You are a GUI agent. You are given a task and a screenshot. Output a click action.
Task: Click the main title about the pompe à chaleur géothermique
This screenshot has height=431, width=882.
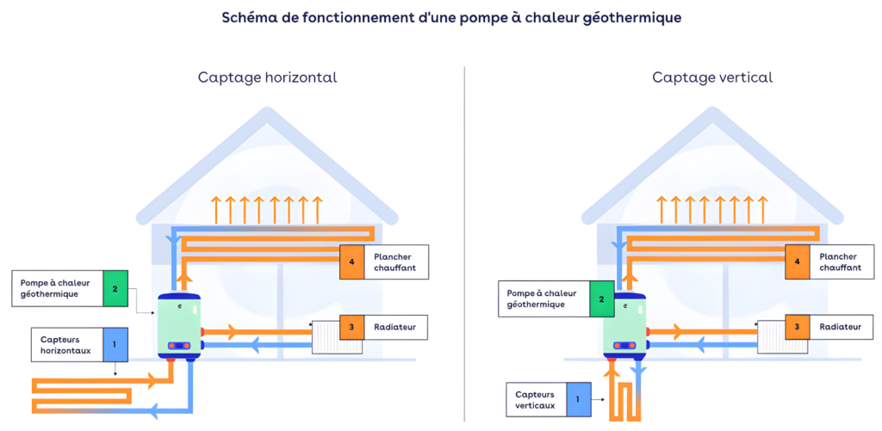click(440, 17)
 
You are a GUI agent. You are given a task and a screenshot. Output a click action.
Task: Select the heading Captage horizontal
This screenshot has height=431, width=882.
click(267, 77)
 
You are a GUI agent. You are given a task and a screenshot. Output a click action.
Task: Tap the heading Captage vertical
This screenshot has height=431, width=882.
click(712, 77)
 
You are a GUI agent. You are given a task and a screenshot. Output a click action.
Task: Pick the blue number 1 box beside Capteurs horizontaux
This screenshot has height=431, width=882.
click(114, 344)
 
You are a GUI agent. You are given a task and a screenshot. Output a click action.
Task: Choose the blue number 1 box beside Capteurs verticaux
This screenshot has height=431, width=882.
click(578, 399)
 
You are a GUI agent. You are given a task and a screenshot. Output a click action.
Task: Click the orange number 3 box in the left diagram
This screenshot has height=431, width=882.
click(351, 327)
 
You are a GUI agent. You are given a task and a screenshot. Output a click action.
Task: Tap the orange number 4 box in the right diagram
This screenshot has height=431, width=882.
click(798, 262)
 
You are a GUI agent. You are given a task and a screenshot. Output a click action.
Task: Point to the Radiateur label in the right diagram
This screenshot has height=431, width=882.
click(839, 327)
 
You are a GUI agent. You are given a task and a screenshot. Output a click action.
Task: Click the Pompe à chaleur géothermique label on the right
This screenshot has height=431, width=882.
click(542, 299)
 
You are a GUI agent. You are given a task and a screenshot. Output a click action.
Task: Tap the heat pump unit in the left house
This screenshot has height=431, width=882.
click(179, 325)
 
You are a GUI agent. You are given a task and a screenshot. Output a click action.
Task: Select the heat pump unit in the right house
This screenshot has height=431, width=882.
click(625, 325)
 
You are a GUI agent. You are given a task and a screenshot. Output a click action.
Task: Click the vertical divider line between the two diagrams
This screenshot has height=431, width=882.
click(464, 241)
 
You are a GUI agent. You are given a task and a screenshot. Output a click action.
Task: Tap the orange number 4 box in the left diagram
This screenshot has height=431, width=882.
click(351, 262)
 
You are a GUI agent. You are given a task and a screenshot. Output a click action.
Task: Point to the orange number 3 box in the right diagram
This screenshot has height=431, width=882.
click(798, 327)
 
